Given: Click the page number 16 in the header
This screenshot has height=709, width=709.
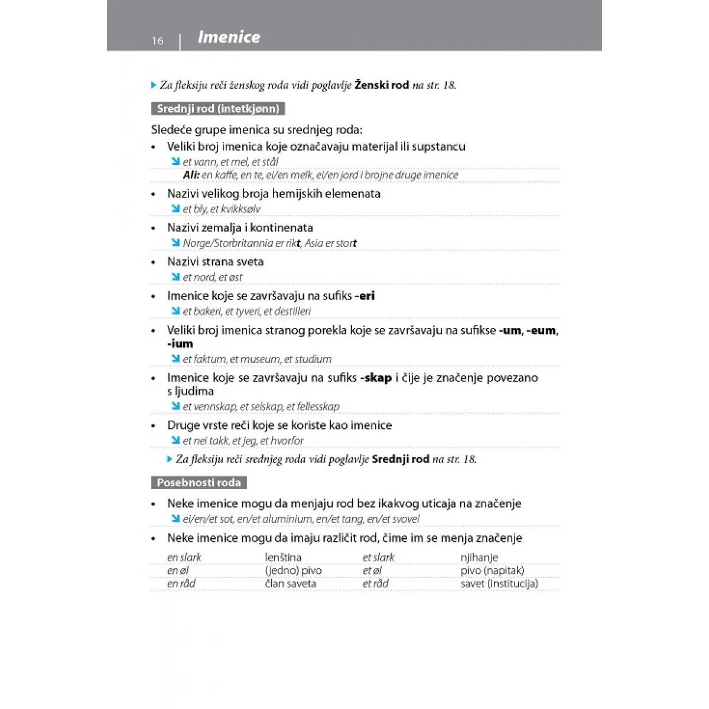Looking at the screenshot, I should point(157,41).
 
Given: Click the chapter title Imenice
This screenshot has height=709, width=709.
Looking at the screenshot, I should point(229,37).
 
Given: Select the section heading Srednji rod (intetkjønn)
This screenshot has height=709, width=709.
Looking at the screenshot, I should point(217,109).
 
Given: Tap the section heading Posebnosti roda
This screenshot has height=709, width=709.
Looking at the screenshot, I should point(199,483).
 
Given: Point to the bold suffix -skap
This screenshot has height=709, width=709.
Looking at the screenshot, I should point(376,378).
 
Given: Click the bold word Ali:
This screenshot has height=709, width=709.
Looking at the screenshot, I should point(191,175).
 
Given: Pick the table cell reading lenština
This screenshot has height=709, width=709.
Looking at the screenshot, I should point(283,557).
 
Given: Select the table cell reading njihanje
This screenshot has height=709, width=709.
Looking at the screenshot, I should point(479,557).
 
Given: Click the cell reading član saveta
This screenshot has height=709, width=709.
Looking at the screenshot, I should point(291,584).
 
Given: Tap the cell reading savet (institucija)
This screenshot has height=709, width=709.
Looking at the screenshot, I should point(499,584).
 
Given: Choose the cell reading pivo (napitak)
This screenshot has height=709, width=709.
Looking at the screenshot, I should point(492,571).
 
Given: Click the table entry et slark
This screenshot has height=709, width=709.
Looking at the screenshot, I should point(378,557).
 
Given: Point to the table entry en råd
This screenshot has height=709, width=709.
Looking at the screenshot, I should point(181,584).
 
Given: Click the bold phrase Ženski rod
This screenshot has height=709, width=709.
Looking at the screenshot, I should point(382,85).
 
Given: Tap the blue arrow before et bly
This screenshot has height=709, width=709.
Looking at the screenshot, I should point(175,209).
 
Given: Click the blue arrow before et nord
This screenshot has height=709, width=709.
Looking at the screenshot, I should point(175,277).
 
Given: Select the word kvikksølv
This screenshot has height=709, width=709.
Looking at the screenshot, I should point(240,209).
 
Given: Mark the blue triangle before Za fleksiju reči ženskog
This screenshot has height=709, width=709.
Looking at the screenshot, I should point(154,85).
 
